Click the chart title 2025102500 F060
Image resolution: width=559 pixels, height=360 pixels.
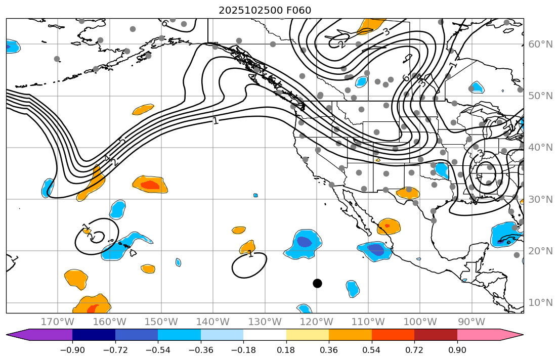tap(265, 10)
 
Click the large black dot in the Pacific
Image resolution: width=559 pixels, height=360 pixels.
tap(317, 283)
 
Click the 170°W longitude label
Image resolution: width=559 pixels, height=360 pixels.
tap(58, 322)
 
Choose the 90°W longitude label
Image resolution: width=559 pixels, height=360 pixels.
tap(471, 322)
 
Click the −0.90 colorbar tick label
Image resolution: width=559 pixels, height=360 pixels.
tap(72, 350)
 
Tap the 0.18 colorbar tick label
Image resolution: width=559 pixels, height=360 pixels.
tap(286, 350)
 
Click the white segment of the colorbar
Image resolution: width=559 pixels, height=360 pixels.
tap(265, 335)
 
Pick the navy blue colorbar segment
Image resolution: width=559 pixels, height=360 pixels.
tap(94, 335)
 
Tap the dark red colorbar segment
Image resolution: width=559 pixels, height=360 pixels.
tap(436, 335)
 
